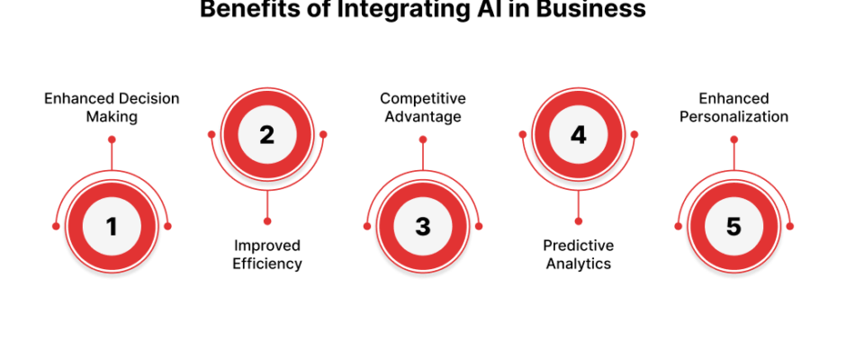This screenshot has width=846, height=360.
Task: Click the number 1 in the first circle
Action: click(112, 227)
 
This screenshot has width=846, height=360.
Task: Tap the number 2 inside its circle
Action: click(267, 135)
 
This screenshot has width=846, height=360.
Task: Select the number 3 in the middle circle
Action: click(423, 227)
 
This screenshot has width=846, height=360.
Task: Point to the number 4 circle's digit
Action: click(579, 135)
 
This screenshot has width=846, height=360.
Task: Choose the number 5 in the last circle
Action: click(733, 227)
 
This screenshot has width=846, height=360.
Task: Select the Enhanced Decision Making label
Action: click(112, 107)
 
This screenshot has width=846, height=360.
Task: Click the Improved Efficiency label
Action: click(267, 255)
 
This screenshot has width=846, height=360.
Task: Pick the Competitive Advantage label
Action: click(423, 107)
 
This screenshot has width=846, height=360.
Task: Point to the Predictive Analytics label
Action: click(579, 255)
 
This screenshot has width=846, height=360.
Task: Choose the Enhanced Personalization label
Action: click(733, 107)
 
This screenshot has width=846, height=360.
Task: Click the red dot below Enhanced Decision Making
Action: click(112, 139)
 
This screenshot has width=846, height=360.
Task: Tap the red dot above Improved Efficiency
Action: click(267, 220)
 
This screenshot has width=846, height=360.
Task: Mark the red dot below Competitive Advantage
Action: click(423, 139)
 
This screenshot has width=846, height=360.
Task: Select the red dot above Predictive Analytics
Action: click(579, 220)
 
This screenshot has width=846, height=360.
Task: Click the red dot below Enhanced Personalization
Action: click(733, 139)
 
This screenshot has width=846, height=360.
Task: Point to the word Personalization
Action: click(733, 117)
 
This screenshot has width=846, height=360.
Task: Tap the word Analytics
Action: click(579, 264)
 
